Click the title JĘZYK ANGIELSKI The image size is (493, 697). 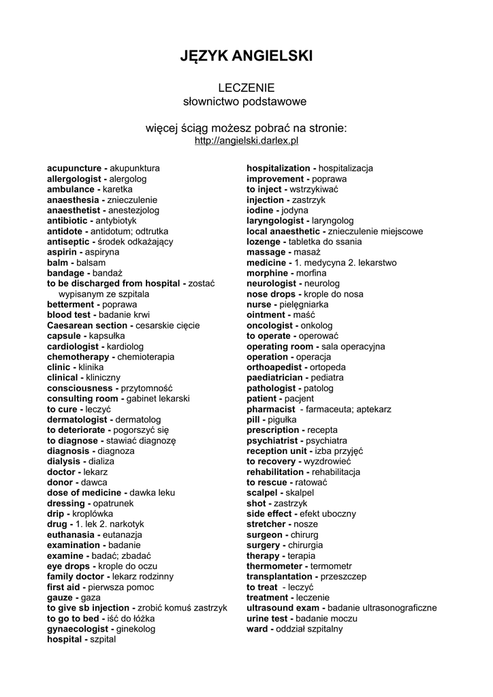pos(246,56)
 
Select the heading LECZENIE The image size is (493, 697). pos(246,88)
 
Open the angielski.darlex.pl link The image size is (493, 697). pos(246,141)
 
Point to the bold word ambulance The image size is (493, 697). pos(70,189)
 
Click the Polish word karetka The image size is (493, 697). pos(118,189)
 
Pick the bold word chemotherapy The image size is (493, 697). pos(78,357)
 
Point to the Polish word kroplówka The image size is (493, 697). pos(93,514)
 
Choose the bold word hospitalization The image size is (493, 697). pos(278,168)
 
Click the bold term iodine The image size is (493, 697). pos(259,210)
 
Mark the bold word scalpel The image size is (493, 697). pos(263,493)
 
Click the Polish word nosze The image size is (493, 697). pos(306,524)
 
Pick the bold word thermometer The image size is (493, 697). pos(274,566)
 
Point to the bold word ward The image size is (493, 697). pos(257,629)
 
